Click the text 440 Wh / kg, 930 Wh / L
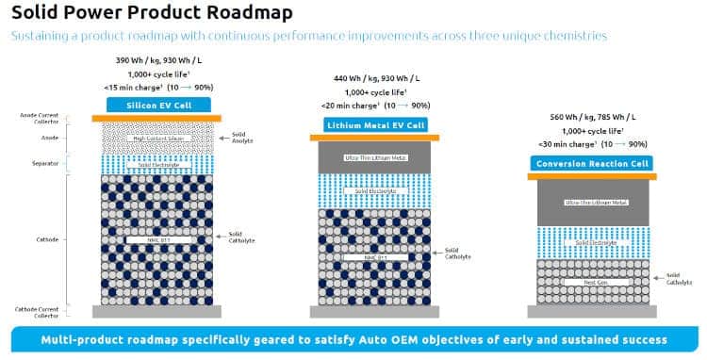tap(374, 78)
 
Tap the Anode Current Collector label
tap(33, 119)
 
